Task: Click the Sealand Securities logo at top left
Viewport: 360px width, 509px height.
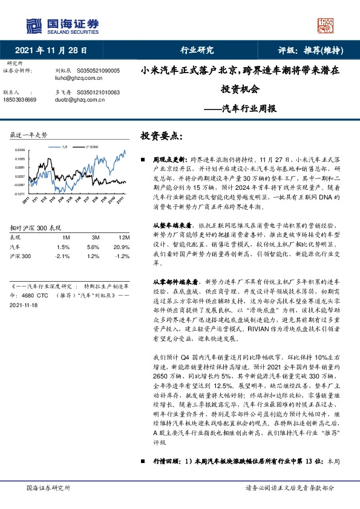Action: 62,25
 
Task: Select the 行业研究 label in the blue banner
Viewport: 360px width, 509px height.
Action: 197,51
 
